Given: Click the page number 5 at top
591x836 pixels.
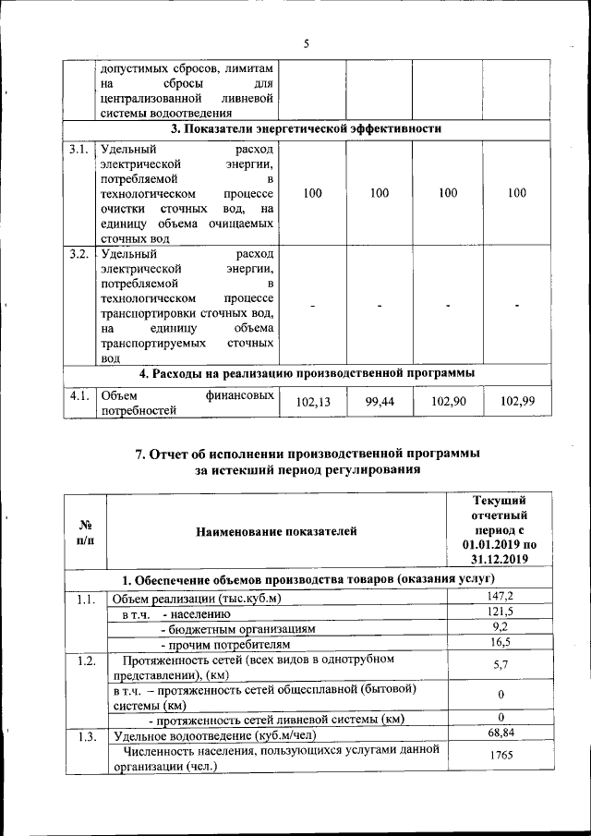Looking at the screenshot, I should point(306,43).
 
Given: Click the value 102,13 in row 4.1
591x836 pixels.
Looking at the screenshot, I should point(313,404).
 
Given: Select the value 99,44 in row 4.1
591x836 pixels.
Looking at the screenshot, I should point(380,404).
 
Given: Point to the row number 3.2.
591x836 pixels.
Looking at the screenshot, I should point(79,254).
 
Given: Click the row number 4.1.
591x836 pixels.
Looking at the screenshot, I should point(79,396).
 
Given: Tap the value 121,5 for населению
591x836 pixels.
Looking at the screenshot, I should point(499,612).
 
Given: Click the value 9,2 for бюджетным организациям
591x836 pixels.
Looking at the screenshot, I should point(499,627).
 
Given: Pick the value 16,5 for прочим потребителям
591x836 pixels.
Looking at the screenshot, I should point(499,642).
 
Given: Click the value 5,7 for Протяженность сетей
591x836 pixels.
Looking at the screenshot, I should point(499,665).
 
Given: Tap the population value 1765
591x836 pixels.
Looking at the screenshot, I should point(499,757).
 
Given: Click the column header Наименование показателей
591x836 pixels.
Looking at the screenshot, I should point(276,531).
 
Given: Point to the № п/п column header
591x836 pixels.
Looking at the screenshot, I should point(84,531).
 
